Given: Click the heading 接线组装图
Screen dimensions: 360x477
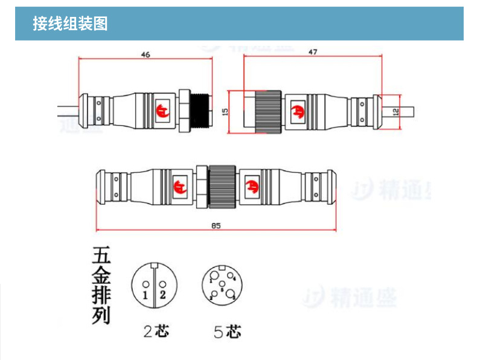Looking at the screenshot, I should click(x=71, y=24).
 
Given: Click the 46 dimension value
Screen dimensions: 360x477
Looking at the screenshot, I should click(x=145, y=54).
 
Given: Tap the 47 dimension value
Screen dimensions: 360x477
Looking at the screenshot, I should click(x=313, y=53).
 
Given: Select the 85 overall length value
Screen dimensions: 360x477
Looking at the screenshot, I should click(x=216, y=225).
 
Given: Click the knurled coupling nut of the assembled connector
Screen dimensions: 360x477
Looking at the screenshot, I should click(x=223, y=186).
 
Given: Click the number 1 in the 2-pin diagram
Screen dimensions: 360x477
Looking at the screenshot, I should click(x=145, y=295).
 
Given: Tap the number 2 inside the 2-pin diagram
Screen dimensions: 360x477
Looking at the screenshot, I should click(x=163, y=295).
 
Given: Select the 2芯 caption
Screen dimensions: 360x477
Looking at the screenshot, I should click(x=156, y=331).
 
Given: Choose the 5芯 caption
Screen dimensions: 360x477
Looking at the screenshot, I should click(x=227, y=332).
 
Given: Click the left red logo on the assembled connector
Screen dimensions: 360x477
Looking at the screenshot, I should click(x=179, y=186).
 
